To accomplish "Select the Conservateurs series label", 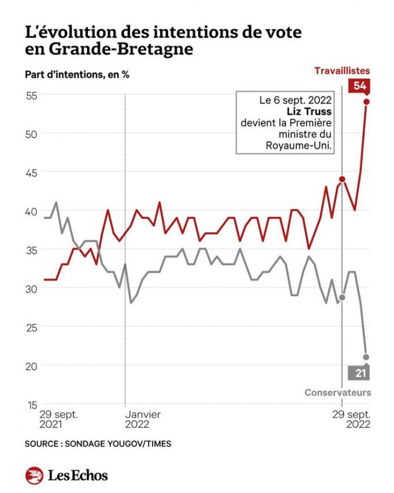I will [x=338, y=392].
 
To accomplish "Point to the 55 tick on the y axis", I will [x=31, y=95].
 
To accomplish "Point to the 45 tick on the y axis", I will [x=31, y=172].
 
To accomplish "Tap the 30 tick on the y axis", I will [x=31, y=288].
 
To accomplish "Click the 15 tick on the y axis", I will [x=31, y=405].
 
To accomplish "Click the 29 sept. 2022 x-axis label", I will [x=351, y=419].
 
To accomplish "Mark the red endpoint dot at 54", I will [x=366, y=102].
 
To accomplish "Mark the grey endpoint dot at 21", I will [x=366, y=357].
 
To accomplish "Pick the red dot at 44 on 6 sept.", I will [x=342, y=179].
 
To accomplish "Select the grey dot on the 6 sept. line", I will [x=342, y=297].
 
